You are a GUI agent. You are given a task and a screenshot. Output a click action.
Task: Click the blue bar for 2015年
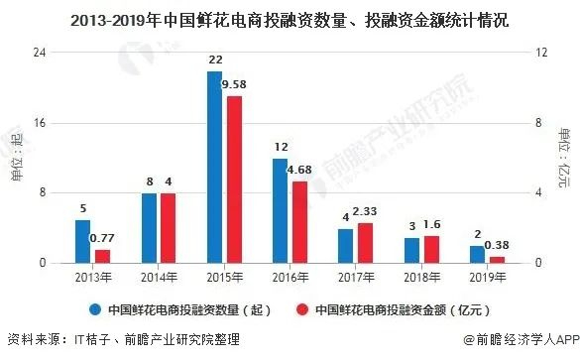pyautogui.click(x=214, y=167)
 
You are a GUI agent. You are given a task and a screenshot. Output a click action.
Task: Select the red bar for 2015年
pyautogui.click(x=234, y=179)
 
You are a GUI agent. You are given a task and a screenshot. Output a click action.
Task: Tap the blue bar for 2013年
pyautogui.click(x=82, y=241)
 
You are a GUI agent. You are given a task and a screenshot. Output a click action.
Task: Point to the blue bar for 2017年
pyautogui.click(x=345, y=245)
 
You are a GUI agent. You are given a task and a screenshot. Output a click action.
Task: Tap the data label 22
pyautogui.click(x=214, y=61)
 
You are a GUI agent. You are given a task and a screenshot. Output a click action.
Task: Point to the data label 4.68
pyautogui.click(x=299, y=170)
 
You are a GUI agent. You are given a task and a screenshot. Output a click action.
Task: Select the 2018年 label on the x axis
pyautogui.click(x=421, y=275)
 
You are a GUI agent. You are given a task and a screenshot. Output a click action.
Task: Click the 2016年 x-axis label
pyautogui.click(x=290, y=275)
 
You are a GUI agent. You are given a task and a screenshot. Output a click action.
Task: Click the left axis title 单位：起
pyautogui.click(x=17, y=157)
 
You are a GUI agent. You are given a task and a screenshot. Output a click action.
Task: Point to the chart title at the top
pyautogui.click(x=290, y=20)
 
